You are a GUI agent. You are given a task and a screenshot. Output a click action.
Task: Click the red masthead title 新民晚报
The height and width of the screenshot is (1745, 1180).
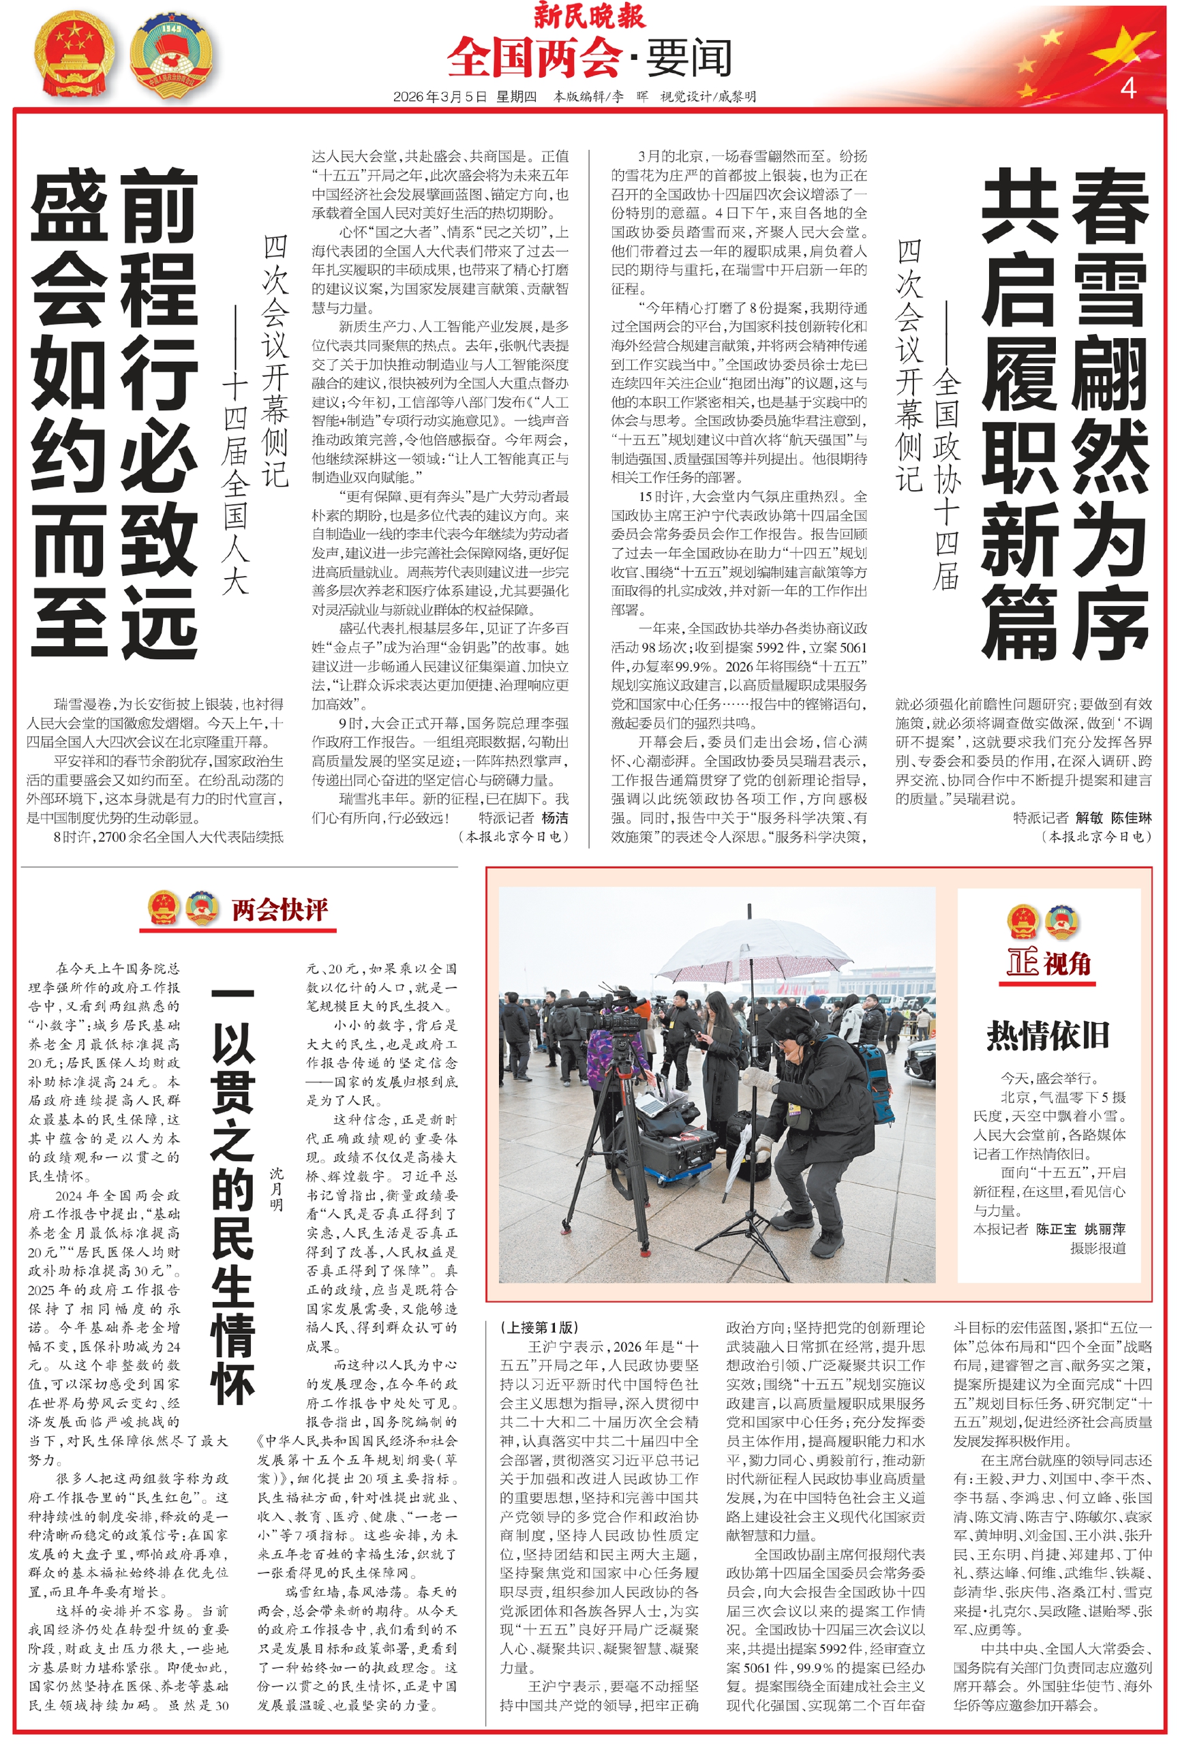tap(589, 15)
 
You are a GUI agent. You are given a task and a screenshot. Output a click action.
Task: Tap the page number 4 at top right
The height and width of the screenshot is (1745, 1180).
tap(1127, 88)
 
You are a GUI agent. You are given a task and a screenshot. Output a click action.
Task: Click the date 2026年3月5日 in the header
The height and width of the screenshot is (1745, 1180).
tap(440, 96)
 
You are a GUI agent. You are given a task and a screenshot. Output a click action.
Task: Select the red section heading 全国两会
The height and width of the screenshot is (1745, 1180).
tap(533, 58)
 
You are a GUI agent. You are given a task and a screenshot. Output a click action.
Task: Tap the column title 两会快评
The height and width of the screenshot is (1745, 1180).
tap(279, 909)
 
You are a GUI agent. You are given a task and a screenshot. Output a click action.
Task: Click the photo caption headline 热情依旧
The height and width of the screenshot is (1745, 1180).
tap(1048, 1035)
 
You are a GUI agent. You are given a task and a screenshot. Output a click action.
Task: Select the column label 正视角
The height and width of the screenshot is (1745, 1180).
tap(1048, 962)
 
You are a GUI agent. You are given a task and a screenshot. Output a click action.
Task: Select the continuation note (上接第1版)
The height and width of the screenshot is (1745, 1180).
tap(539, 1326)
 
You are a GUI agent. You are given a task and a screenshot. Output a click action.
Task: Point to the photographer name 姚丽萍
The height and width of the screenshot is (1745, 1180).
tap(1105, 1228)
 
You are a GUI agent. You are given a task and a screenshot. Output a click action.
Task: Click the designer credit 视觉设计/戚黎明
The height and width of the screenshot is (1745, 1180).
tap(708, 96)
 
